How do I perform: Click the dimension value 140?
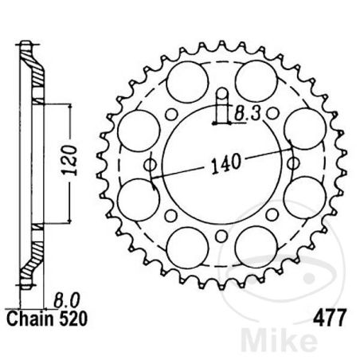(x=224, y=166)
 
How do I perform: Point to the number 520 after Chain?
(x=68, y=318)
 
